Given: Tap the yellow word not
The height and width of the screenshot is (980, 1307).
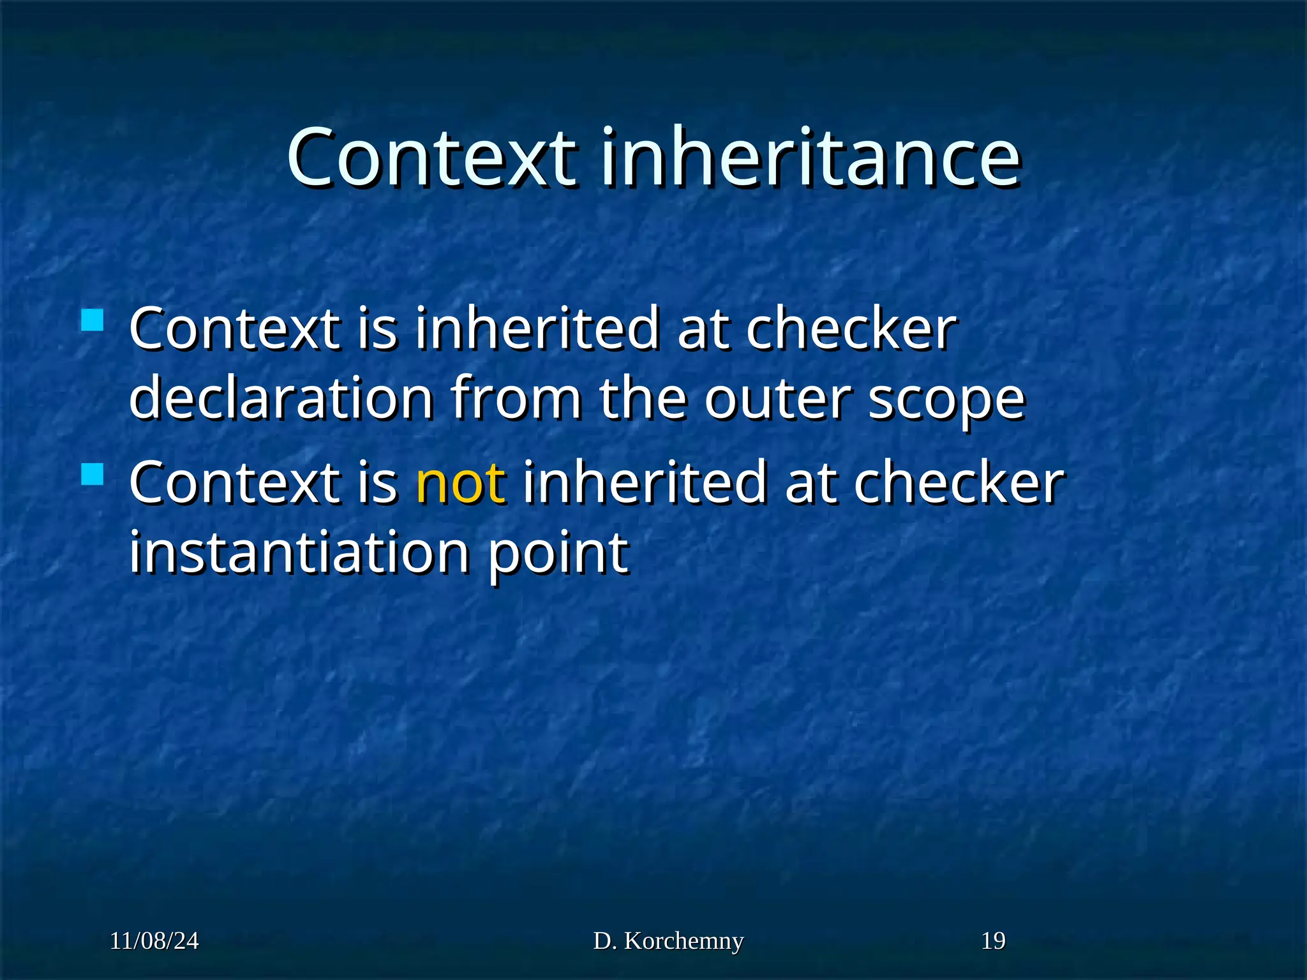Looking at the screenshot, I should (461, 482).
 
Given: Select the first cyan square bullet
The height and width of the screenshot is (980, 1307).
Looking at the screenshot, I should (93, 320).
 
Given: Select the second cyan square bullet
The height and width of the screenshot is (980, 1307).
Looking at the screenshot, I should (93, 474).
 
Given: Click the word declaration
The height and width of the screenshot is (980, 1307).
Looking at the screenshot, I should (281, 398).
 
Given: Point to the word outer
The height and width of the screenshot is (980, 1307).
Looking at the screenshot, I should (777, 399).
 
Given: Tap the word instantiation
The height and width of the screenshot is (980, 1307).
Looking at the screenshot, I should (299, 552).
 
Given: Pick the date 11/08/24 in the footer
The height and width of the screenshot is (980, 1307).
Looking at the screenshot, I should (154, 941).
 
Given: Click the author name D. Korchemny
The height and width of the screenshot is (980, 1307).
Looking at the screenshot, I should (668, 941).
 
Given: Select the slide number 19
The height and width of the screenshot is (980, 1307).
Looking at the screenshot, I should (993, 941).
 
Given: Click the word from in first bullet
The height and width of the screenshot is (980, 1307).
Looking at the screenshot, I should (516, 398).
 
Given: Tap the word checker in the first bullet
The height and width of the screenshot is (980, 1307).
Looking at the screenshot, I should (851, 329).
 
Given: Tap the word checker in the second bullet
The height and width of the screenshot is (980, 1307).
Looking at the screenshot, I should (959, 483).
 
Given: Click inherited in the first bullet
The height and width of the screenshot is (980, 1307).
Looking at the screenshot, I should (537, 329).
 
